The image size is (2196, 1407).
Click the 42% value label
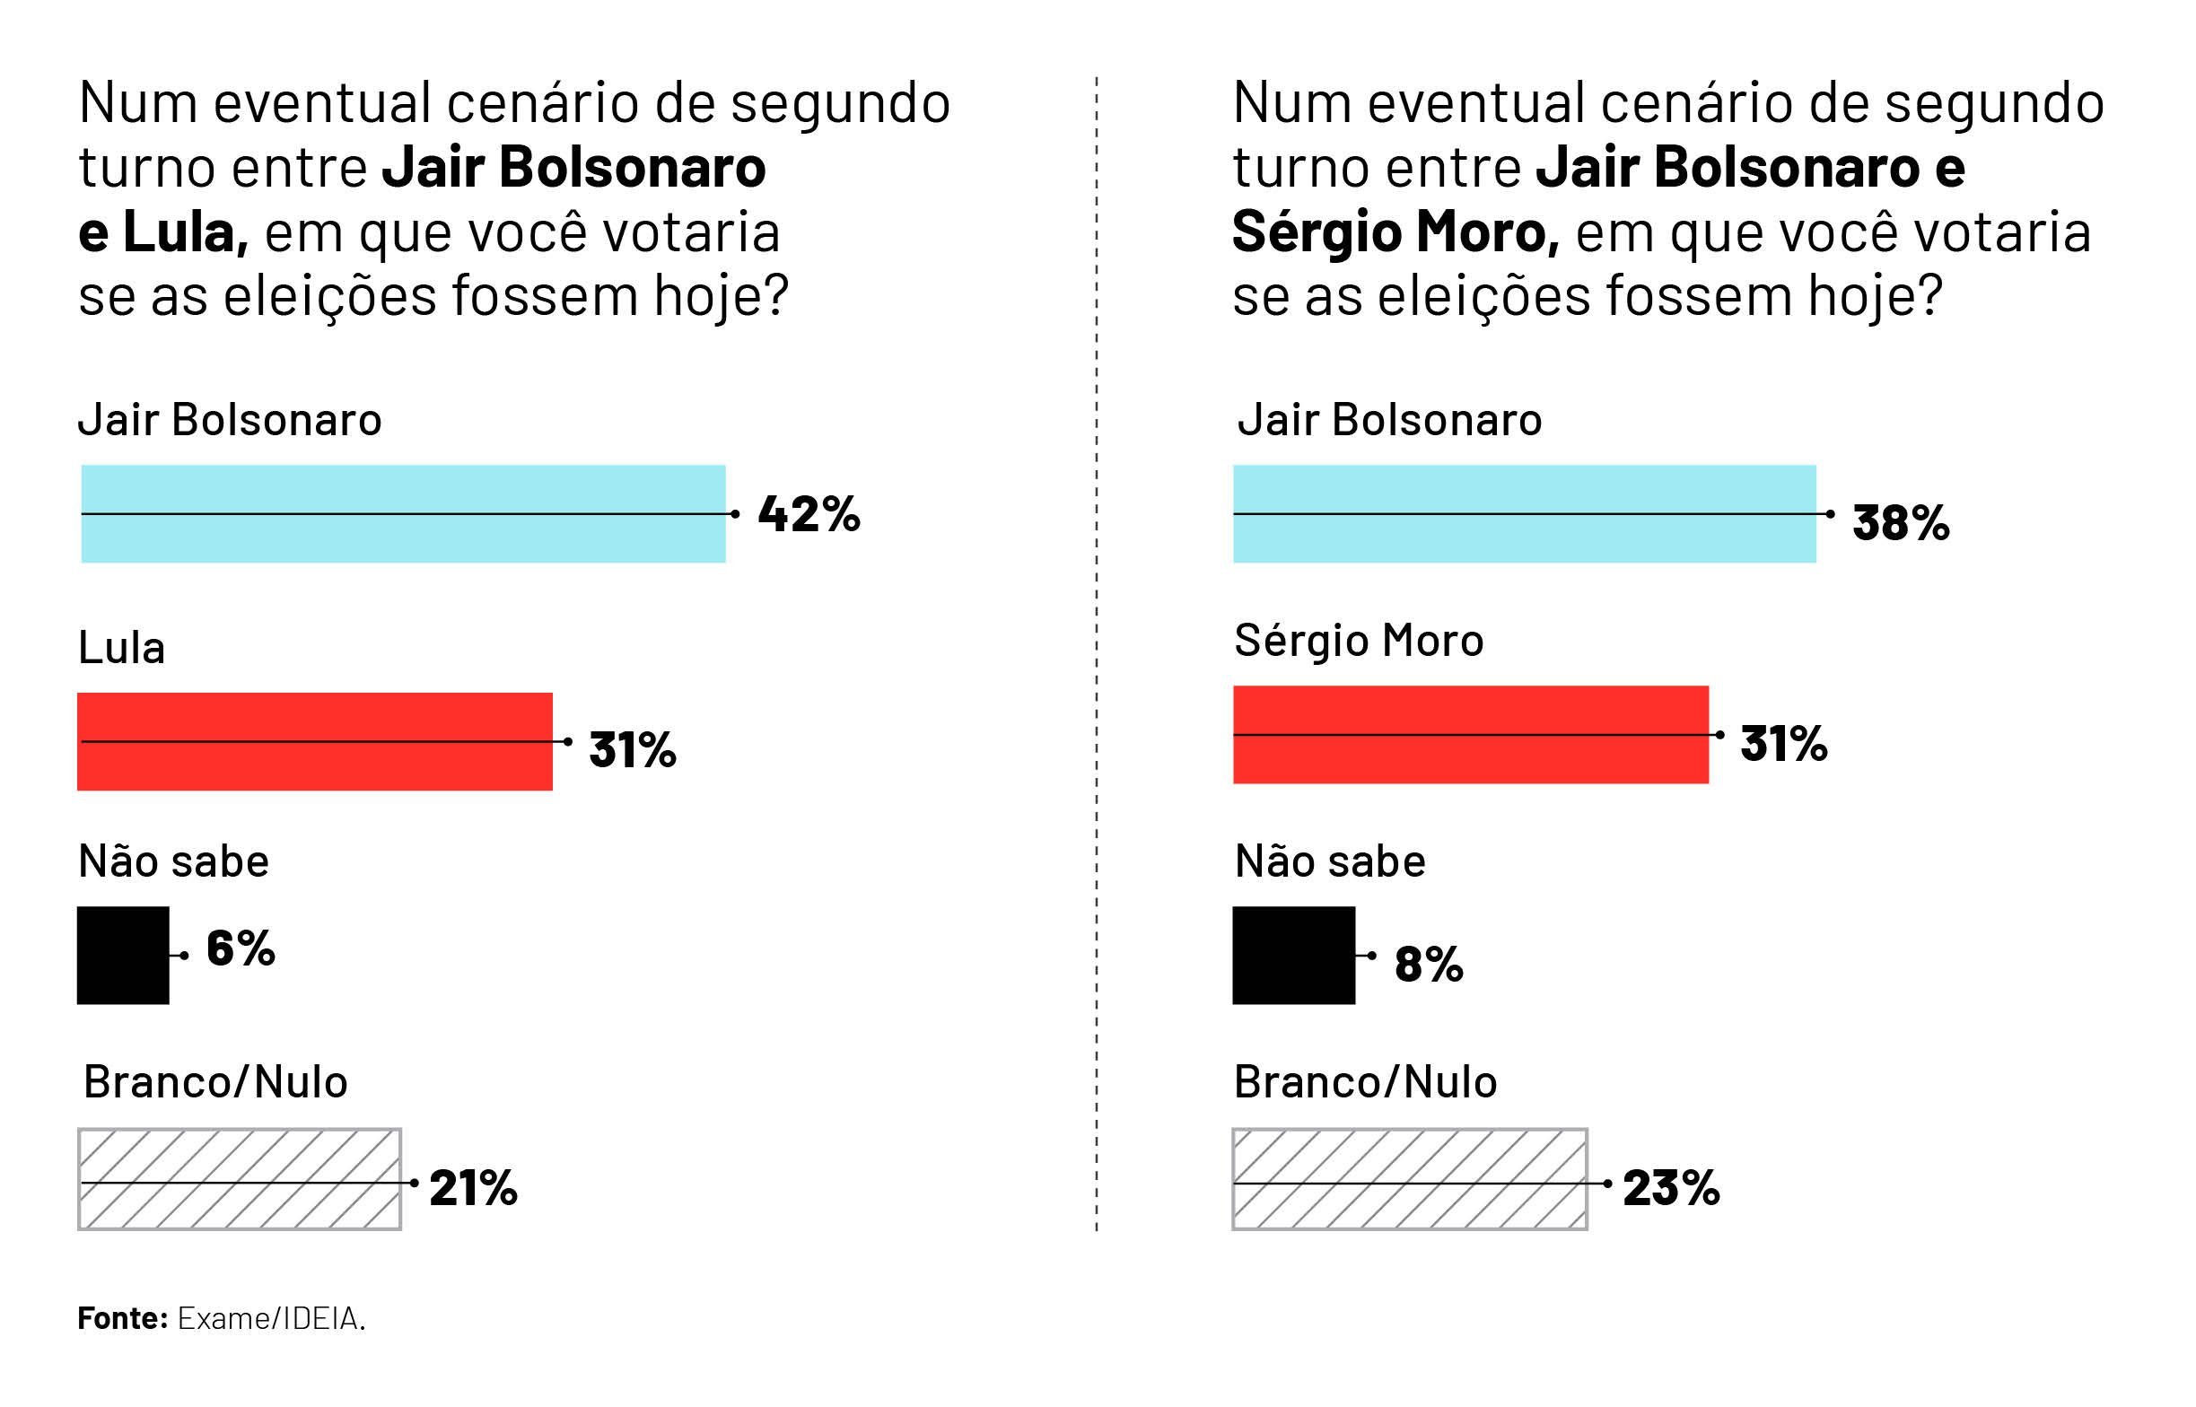click(x=809, y=514)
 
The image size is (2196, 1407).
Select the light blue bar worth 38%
click(x=1524, y=513)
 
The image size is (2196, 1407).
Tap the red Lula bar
click(x=314, y=741)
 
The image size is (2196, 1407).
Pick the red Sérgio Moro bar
click(x=1470, y=735)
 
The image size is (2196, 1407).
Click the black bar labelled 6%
click(x=122, y=955)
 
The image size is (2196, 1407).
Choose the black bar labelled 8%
click(x=1293, y=955)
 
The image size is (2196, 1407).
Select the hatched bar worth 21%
click(x=240, y=1179)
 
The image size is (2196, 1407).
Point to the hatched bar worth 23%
click(x=1409, y=1179)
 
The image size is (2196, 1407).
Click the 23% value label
click(x=1671, y=1188)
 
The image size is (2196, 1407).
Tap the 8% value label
click(x=1429, y=965)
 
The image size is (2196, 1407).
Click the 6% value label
click(x=241, y=948)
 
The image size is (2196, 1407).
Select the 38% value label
click(x=1900, y=523)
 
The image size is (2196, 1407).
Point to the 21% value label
click(x=473, y=1188)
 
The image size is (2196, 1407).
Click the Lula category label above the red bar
click(x=121, y=648)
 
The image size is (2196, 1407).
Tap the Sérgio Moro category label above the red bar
click(x=1359, y=641)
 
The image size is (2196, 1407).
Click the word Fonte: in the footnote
click(x=122, y=1318)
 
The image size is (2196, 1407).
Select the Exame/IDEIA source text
click(x=271, y=1318)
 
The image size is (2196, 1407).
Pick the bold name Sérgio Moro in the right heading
click(x=1395, y=232)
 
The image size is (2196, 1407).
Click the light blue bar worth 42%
click(x=403, y=513)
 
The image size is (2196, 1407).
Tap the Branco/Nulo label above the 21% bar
click(x=215, y=1082)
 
